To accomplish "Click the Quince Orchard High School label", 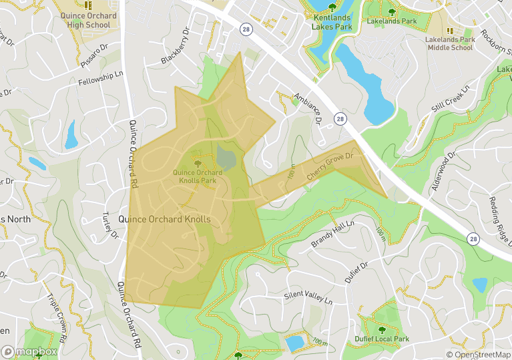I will pos(88,20).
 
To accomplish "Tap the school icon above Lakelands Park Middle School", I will pos(449,31).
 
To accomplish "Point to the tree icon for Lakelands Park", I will pos(392,11).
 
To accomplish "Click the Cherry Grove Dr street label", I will pos(329,167).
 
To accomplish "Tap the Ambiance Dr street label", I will pos(308,108).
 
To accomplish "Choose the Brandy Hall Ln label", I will pos(332,234).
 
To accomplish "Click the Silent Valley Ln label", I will pos(308,296).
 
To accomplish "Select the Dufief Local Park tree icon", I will pos(382,329).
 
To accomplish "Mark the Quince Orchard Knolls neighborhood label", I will pos(164,219).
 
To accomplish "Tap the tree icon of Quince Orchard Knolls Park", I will pos(197,163).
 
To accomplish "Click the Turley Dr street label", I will pos(109,226).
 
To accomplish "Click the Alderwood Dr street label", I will pos(443,171).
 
